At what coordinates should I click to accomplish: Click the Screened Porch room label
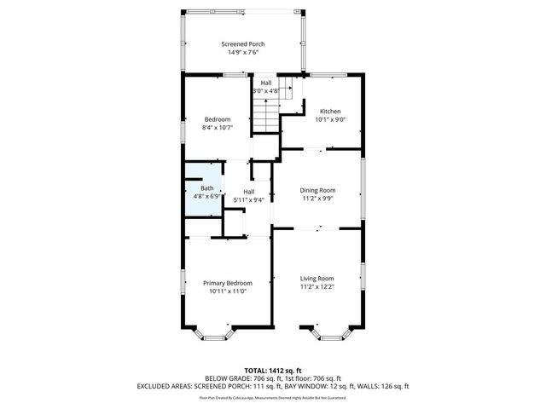243,43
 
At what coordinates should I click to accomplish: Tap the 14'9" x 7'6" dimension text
243,52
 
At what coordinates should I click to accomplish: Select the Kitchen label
330,112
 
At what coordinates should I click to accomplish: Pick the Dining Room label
317,190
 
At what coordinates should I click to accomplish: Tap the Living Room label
317,279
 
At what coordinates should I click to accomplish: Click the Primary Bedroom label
227,283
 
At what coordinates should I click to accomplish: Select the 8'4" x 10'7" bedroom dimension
217,127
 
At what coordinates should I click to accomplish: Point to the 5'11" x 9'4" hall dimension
248,200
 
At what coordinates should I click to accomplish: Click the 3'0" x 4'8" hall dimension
266,90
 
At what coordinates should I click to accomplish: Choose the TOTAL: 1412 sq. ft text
273,371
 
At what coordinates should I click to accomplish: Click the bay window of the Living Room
318,334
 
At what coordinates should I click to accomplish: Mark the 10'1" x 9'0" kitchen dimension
330,120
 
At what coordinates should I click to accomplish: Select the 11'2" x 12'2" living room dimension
317,287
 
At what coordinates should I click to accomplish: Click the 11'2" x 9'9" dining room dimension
317,199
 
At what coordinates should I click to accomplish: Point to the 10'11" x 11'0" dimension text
227,291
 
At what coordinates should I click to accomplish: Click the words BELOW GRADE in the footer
224,378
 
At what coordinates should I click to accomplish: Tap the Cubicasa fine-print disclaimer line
273,397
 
